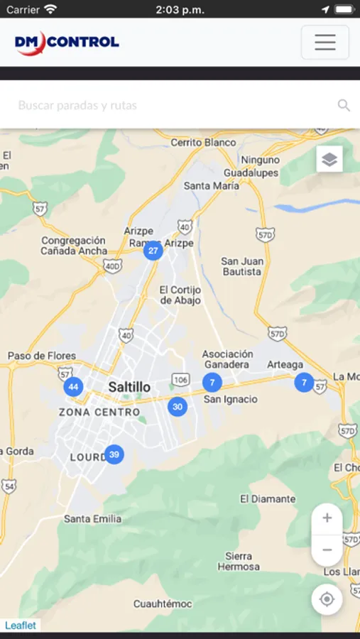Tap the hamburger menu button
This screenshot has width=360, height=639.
[x=324, y=43]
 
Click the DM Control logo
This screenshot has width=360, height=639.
[x=67, y=43]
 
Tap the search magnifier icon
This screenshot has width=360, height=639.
[x=344, y=106]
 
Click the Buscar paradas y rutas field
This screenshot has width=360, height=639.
[x=170, y=106]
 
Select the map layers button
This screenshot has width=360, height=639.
[x=329, y=159]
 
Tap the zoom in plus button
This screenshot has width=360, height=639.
[x=327, y=518]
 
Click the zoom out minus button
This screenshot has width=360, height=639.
[x=327, y=550]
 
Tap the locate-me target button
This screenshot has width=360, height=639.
[x=327, y=599]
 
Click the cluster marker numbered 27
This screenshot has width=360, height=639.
[x=153, y=251]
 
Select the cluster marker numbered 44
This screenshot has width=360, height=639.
[x=73, y=387]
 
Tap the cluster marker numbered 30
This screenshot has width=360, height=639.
[x=178, y=407]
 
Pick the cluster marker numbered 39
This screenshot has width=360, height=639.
[x=114, y=454]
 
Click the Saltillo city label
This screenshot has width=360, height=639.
[x=129, y=387]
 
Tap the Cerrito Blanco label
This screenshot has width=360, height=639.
[x=203, y=143]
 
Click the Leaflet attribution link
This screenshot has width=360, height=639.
[x=21, y=626]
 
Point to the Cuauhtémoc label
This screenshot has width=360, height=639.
[x=163, y=604]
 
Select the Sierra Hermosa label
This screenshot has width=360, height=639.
[x=239, y=562]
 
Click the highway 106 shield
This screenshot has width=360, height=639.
[x=180, y=381]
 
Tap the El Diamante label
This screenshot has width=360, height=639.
[x=268, y=499]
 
